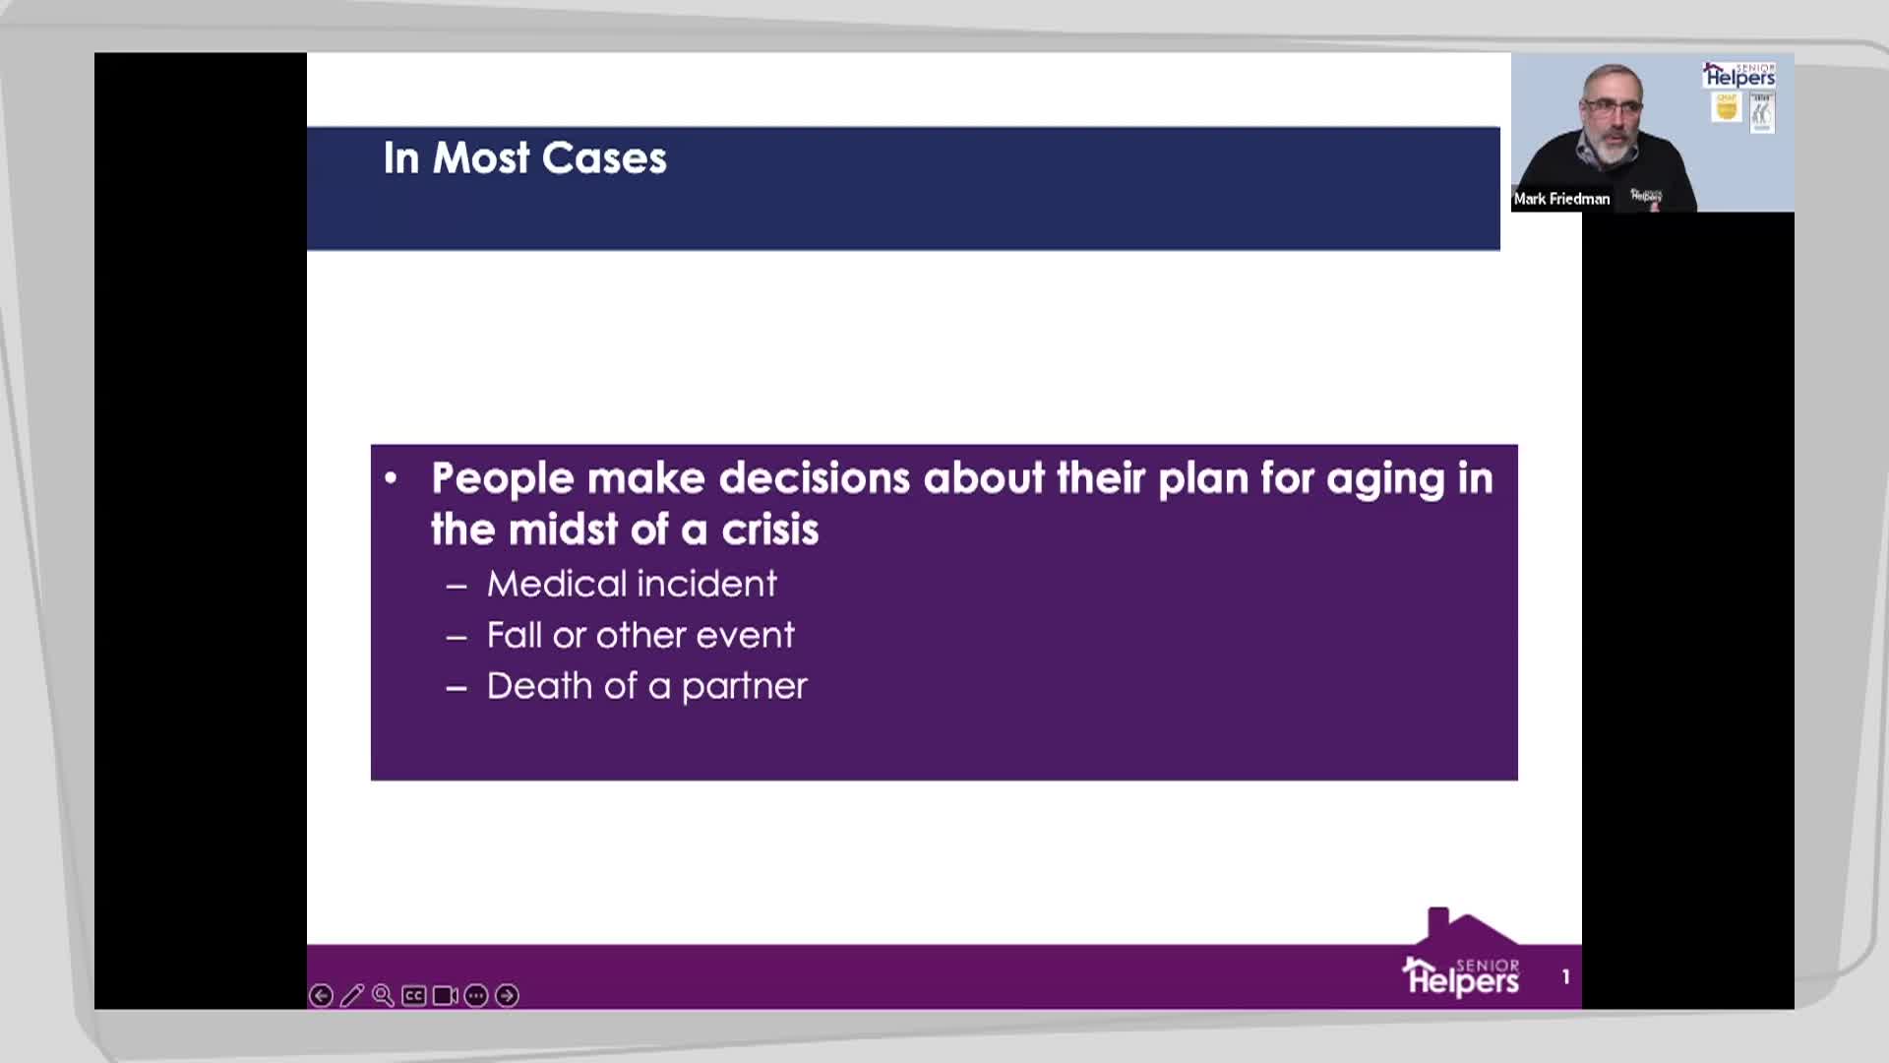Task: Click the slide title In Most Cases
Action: pos(524,158)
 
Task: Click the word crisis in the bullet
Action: pos(769,530)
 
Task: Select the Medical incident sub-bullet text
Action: pos(632,584)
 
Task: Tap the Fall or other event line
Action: pos(640,635)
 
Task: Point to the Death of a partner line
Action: pos(646,686)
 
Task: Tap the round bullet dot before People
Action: pos(391,479)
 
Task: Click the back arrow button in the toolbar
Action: pos(321,996)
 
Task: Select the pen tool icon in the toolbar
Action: pos(351,996)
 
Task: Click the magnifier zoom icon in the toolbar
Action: pos(383,996)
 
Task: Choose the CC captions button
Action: pos(414,996)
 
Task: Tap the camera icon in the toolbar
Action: pos(445,996)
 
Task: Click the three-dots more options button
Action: pos(476,996)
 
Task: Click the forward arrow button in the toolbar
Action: pos(507,996)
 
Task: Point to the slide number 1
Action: pos(1565,976)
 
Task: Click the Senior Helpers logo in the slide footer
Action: pos(1462,953)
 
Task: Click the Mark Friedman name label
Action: pos(1561,199)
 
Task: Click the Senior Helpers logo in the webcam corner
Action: pos(1739,75)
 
